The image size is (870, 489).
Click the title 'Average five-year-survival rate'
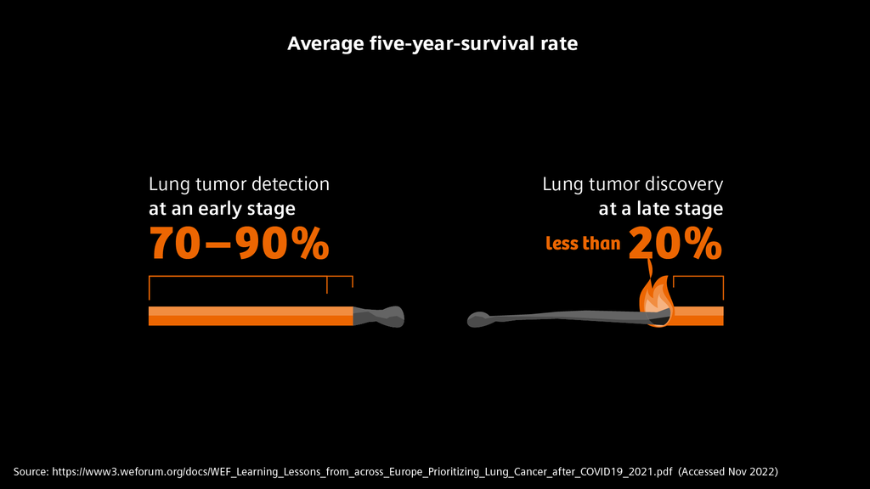point(432,43)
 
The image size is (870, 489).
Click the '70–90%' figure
point(240,244)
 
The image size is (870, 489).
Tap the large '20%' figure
point(676,244)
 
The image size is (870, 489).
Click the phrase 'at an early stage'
point(222,209)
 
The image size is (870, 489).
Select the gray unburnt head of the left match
point(380,316)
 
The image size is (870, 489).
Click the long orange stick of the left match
point(250,316)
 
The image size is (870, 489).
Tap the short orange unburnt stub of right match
point(698,316)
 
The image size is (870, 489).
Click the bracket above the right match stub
point(698,278)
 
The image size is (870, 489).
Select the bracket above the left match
point(250,278)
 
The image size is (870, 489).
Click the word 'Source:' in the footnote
point(31,470)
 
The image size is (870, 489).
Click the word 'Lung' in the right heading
point(562,184)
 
